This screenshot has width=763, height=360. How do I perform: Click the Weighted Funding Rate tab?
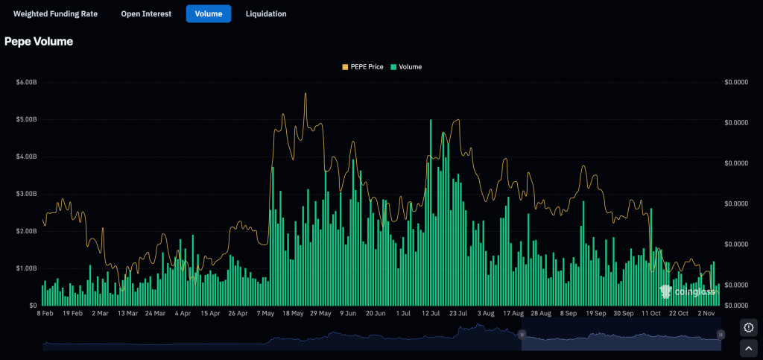click(x=55, y=13)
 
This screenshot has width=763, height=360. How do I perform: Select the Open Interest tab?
click(x=146, y=13)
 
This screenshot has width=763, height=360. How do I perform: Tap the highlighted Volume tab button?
click(x=209, y=13)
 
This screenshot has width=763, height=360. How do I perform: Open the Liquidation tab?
click(x=266, y=13)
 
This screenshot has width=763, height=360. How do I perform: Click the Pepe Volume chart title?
click(x=39, y=42)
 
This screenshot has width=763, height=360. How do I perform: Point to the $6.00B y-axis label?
click(x=26, y=82)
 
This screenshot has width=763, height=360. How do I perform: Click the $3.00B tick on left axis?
click(x=26, y=194)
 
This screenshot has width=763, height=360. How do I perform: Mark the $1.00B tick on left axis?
click(x=26, y=268)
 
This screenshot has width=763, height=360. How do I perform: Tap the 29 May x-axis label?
click(x=320, y=314)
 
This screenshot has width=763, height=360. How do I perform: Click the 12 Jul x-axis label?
click(x=431, y=314)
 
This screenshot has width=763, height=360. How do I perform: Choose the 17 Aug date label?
click(x=514, y=314)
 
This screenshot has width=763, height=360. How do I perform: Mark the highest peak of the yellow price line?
click(x=305, y=94)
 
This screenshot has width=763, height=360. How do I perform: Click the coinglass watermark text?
click(x=692, y=292)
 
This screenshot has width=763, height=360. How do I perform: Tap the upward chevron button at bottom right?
click(x=749, y=347)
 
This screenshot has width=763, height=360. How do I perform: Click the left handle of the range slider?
click(x=522, y=335)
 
